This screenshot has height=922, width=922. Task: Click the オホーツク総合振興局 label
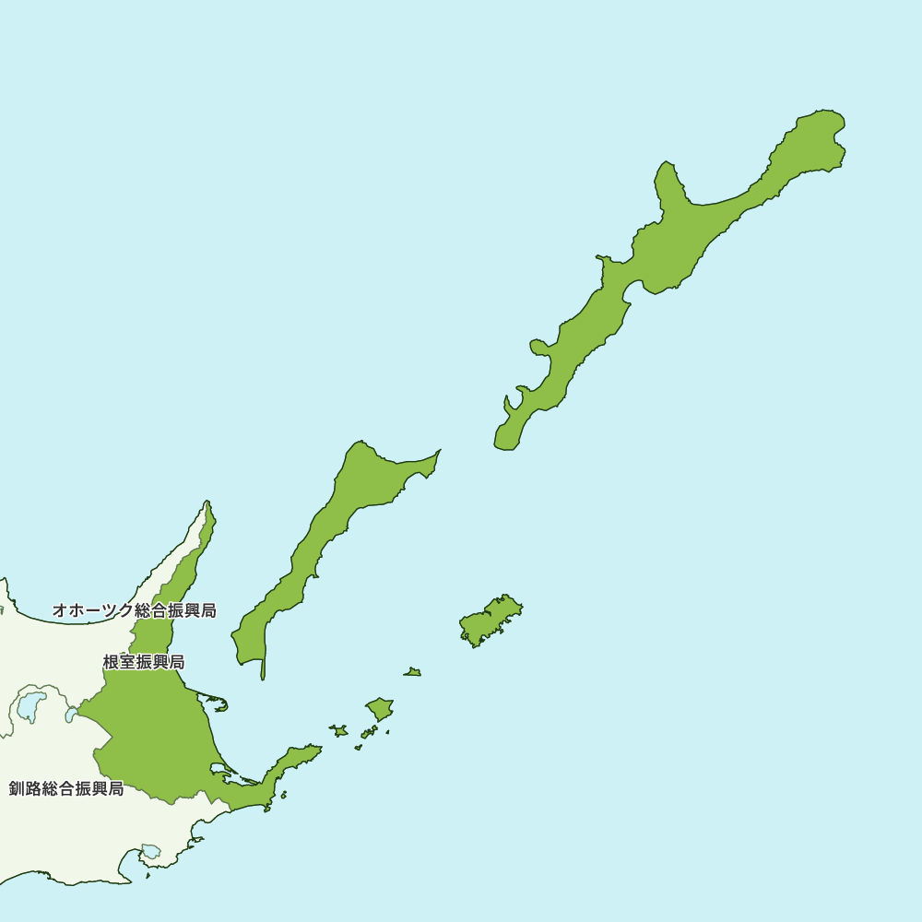135,610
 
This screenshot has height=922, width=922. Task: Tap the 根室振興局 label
144,662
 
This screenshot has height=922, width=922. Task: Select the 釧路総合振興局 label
66,788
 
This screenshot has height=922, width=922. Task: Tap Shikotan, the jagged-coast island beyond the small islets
491,621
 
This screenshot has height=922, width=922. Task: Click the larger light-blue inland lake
30,705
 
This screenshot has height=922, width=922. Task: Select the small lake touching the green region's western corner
71,715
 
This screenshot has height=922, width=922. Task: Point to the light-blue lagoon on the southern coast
150,851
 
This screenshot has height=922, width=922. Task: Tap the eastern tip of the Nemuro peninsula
319,748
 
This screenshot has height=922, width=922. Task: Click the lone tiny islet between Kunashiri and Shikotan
413,672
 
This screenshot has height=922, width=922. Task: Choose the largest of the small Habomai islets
380,708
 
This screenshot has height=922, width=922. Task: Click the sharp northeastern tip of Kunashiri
438,452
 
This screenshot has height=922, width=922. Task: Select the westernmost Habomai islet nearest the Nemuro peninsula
339,731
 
